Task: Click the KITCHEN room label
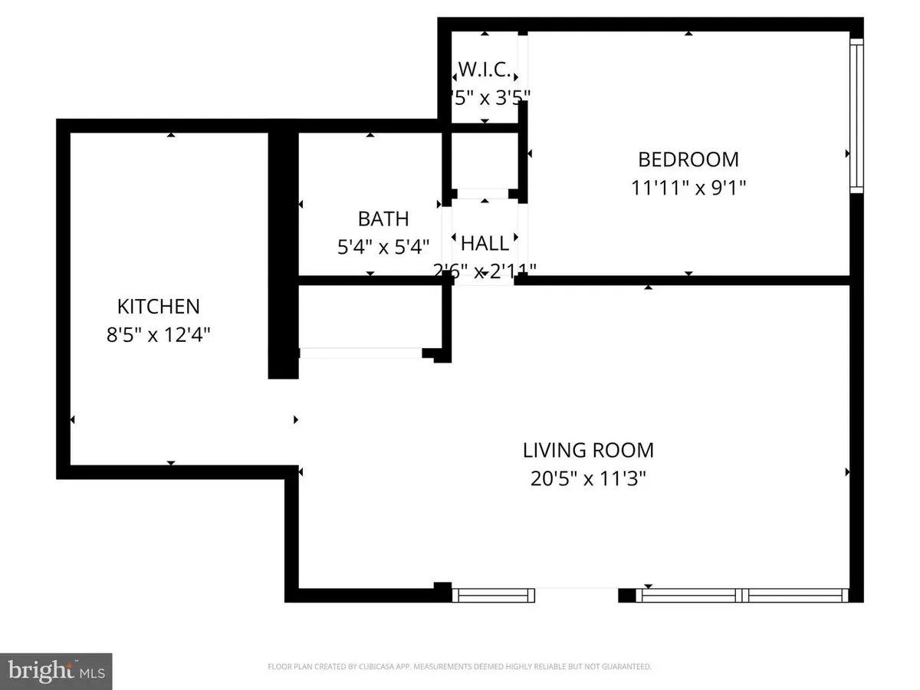point(158,307)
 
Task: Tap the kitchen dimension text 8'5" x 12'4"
point(158,335)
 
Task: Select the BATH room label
point(383,219)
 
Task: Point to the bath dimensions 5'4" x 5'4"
point(383,247)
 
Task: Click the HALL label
point(485,244)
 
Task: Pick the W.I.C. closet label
point(485,71)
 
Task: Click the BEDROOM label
point(688,159)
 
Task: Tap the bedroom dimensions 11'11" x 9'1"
point(688,188)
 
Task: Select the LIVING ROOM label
point(588,450)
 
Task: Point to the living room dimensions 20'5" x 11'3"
point(588,479)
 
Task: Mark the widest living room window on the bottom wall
point(744,595)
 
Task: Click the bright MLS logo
point(56,671)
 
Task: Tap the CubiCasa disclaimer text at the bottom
point(459,667)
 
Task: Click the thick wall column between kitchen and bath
point(282,253)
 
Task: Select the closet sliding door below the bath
point(360,353)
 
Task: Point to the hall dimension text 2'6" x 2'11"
point(485,271)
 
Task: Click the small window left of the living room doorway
point(493,595)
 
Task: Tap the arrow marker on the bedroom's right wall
point(847,153)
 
